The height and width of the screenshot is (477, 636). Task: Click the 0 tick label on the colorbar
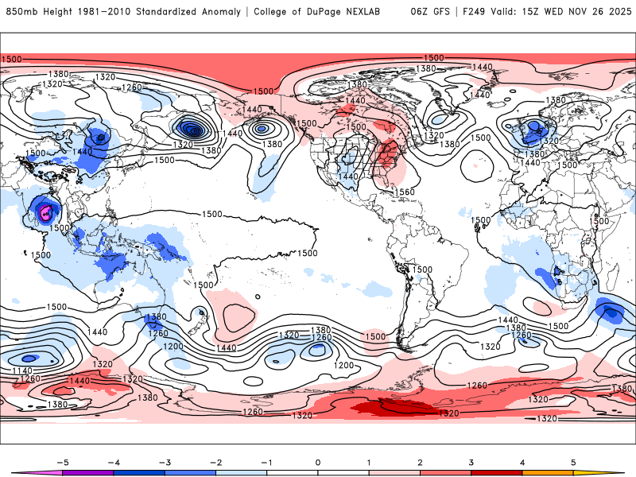pyautogui.click(x=318, y=461)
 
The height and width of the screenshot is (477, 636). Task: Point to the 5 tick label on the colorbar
pyautogui.click(x=572, y=461)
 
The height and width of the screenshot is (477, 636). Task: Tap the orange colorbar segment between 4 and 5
pyautogui.click(x=546, y=472)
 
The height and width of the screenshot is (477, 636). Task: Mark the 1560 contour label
pyautogui.click(x=405, y=192)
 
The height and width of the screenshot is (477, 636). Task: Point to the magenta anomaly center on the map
pyautogui.click(x=46, y=211)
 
